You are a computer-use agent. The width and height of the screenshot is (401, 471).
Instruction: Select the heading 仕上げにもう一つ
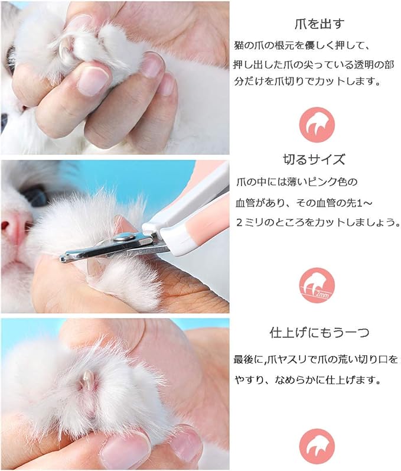tap(320, 333)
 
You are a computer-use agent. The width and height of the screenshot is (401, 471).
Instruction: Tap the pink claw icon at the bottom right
tap(317, 447)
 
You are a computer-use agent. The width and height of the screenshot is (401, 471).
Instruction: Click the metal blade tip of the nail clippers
tap(63, 258)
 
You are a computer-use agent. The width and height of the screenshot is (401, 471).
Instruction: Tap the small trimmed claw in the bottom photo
tap(88, 378)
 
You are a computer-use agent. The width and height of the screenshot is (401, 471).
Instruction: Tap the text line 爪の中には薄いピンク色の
tap(296, 182)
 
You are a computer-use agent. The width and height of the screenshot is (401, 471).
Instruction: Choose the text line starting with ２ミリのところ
tap(318, 223)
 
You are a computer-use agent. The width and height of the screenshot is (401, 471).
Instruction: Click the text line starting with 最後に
tap(316, 359)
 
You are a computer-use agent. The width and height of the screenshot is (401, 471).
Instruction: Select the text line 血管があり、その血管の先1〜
tap(304, 203)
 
